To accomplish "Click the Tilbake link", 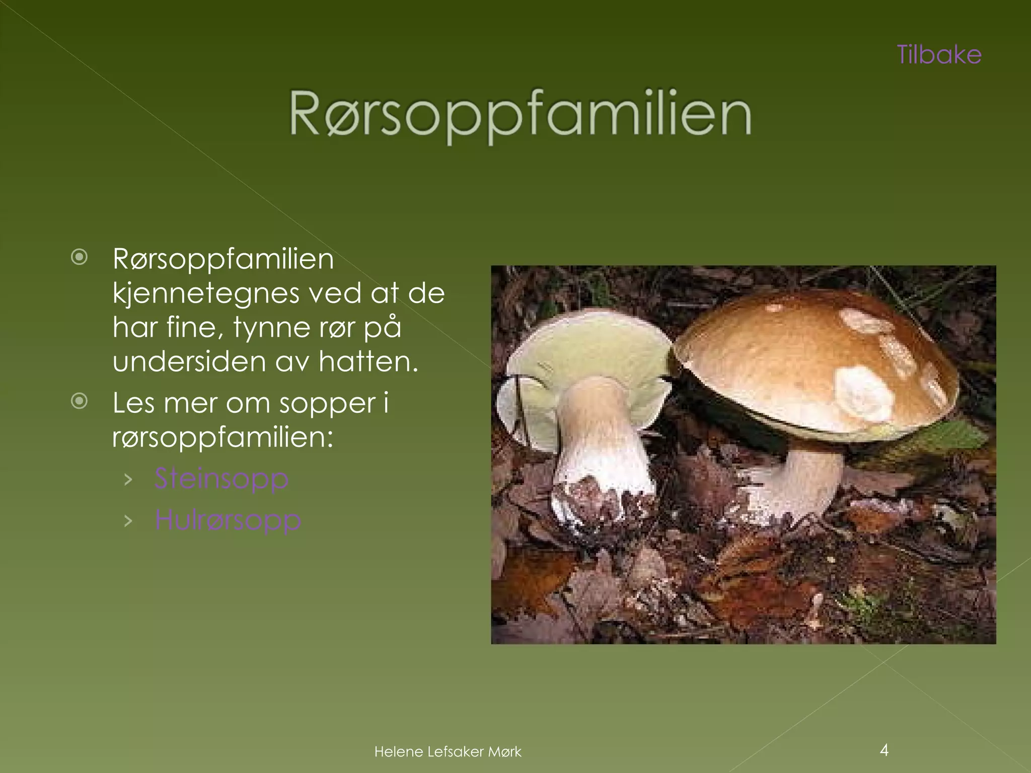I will click(939, 55).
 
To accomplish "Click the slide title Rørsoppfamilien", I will click(520, 115).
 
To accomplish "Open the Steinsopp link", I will click(222, 478).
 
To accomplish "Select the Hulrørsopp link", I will click(228, 519).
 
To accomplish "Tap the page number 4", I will click(884, 750).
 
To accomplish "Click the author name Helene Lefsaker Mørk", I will click(448, 752).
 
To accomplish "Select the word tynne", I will click(271, 328).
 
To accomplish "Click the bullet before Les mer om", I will click(80, 402).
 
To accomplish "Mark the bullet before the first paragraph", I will click(80, 258).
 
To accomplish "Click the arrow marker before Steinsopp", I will click(128, 479).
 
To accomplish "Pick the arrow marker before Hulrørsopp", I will click(128, 520).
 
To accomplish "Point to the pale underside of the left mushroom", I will click(579, 352).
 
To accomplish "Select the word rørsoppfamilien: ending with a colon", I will click(223, 437).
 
